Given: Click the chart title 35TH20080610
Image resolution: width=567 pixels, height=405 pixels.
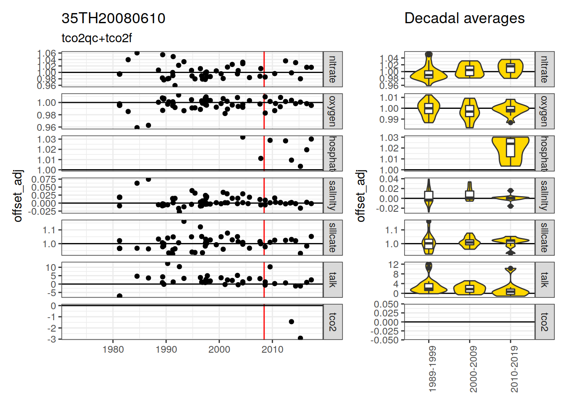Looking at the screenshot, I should (x=113, y=18).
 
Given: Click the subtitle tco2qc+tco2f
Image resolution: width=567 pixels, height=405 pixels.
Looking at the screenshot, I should (x=97, y=38).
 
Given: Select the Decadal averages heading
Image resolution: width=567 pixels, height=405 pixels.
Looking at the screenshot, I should (x=464, y=18).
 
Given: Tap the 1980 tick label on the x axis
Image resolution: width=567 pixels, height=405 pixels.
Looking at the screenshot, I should (x=113, y=349).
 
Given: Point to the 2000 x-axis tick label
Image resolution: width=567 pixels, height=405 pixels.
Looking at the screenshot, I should (x=219, y=349).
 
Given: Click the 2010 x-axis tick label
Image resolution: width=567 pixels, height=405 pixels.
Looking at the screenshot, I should (x=273, y=349).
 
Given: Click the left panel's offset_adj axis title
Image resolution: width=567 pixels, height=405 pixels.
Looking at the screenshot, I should (x=18, y=196).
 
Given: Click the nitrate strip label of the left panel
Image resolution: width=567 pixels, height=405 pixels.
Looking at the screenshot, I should (x=332, y=69).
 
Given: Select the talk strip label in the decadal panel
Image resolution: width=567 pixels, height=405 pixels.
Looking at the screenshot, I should (x=544, y=280).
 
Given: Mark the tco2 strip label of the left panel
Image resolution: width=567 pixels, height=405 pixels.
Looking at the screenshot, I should (x=332, y=322).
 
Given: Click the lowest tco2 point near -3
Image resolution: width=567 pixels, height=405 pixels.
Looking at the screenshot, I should (x=300, y=338).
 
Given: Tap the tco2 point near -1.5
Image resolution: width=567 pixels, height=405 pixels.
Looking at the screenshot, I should (x=292, y=321).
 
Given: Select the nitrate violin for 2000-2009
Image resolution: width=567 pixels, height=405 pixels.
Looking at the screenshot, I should (x=470, y=70).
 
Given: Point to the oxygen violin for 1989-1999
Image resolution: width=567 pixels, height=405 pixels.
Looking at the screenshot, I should (x=429, y=108).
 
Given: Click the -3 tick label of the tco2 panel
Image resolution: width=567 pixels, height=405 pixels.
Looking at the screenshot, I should (x=52, y=339).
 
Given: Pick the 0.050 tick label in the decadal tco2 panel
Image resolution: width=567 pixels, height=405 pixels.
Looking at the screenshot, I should (x=386, y=304).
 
